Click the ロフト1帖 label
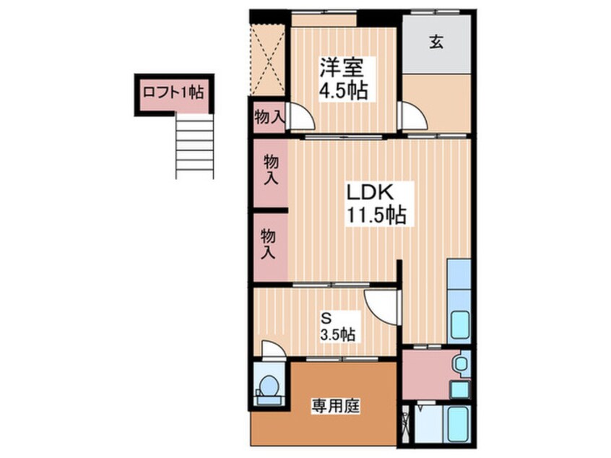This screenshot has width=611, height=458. pos(173,92)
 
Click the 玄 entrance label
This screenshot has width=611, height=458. pos(436,42)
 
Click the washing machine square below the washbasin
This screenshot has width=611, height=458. pos(459,389)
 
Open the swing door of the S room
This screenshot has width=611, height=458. pos(381,303)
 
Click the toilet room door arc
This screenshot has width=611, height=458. pos(273,349)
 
